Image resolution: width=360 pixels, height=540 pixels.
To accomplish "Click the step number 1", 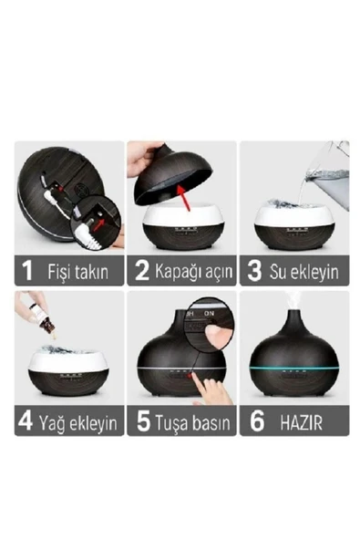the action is [x=26, y=271].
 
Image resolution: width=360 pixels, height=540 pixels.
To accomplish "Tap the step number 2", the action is [x=142, y=271].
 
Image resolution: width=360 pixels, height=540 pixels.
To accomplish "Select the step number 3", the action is [x=254, y=271].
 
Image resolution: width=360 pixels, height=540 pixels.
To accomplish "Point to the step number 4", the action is [x=26, y=421].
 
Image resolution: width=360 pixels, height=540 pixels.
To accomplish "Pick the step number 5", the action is [x=144, y=421].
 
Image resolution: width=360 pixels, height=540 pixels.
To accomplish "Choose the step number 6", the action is [x=257, y=421].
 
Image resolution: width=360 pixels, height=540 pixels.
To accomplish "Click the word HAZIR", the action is [x=301, y=422].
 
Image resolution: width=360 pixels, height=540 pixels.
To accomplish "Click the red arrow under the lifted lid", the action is [x=184, y=197].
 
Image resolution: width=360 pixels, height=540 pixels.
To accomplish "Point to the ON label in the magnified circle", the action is [x=209, y=314].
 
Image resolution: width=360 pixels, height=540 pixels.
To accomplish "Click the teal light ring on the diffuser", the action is [x=294, y=369].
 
